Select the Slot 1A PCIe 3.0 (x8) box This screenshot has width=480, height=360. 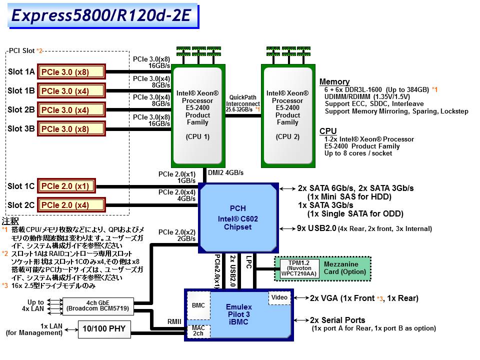pyautogui.click(x=71, y=72)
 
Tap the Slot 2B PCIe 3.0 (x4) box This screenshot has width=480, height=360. pyautogui.click(x=71, y=110)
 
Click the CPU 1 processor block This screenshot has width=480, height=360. pyautogui.click(x=197, y=115)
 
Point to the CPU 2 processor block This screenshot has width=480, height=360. pyautogui.click(x=287, y=115)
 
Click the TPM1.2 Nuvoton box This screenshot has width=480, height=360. pyautogui.click(x=295, y=268)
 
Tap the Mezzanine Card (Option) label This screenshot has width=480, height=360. pyautogui.click(x=341, y=268)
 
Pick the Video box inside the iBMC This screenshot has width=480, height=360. pyautogui.click(x=279, y=297)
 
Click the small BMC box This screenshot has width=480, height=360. pyautogui.click(x=198, y=305)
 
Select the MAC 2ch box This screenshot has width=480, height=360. pyautogui.click(x=198, y=330)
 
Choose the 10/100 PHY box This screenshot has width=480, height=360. pyautogui.click(x=104, y=328)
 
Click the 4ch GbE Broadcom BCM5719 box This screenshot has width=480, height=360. pyautogui.click(x=98, y=305)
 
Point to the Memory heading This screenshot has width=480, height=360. pyautogui.click(x=334, y=81)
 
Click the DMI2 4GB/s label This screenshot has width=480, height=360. pyautogui.click(x=225, y=172)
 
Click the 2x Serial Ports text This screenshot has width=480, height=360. pyautogui.click(x=337, y=320)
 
